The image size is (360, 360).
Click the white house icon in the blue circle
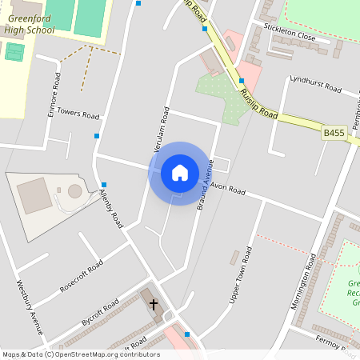click(x=179, y=172)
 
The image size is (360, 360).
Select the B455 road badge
click(x=334, y=133)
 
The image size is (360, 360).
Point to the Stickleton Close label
click(x=290, y=35)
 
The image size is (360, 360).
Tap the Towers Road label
click(x=78, y=114)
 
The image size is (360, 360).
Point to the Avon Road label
click(x=228, y=190)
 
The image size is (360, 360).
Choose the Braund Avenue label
click(x=202, y=184)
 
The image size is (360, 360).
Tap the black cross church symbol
click(x=153, y=305)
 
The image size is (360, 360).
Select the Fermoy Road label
click(x=334, y=345)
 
